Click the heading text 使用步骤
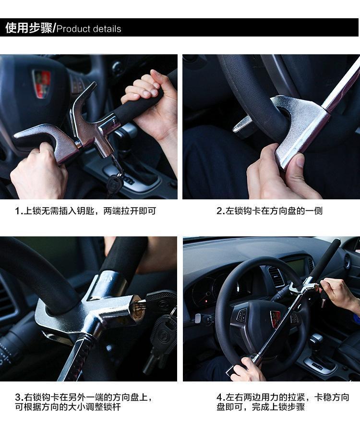[29, 28]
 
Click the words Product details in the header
[89, 29]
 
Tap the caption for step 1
[85, 210]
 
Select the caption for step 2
[270, 210]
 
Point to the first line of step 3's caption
[84, 397]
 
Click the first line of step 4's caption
[283, 397]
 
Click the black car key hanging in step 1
[115, 183]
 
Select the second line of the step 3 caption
[68, 407]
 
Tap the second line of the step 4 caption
[261, 407]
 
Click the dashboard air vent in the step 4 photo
[276, 276]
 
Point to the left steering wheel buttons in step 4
[242, 315]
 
